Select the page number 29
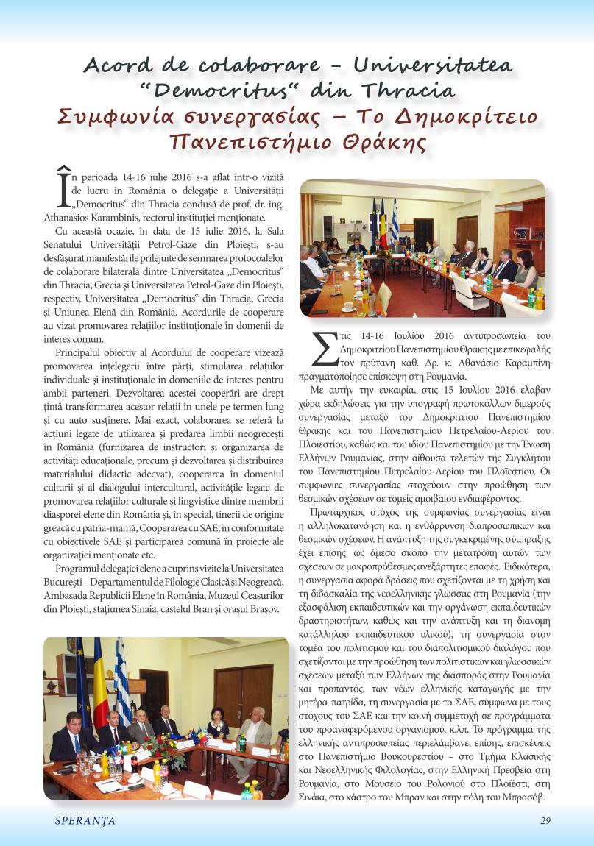click(x=545, y=821)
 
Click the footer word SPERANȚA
click(x=85, y=821)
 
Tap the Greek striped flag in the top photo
click(x=395, y=214)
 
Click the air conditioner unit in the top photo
click(x=327, y=199)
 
